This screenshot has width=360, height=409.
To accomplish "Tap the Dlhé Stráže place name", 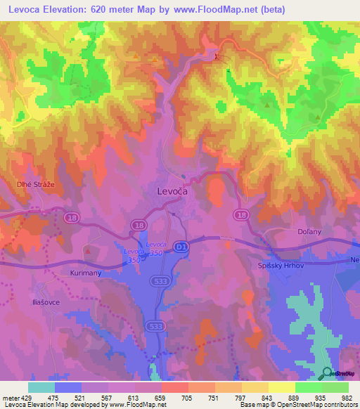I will [32, 184].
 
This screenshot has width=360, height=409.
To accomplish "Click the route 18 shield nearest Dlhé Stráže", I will [72, 219].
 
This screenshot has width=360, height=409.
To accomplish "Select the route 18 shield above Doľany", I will [241, 215].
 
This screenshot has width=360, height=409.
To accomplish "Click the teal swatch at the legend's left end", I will [41, 387].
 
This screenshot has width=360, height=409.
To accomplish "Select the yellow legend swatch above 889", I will [281, 387].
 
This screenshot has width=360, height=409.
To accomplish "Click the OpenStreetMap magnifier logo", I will [326, 374].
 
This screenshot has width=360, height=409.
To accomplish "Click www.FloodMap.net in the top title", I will [230, 10].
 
